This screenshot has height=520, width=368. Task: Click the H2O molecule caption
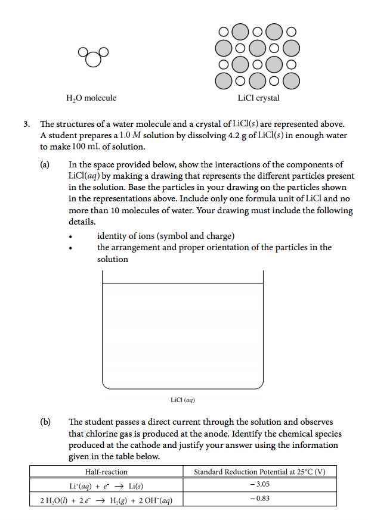pyautogui.click(x=91, y=98)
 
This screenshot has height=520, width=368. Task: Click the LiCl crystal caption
pyautogui.click(x=258, y=98)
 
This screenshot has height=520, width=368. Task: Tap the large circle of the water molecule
pyautogui.click(x=92, y=60)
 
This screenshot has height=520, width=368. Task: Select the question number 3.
pyautogui.click(x=26, y=124)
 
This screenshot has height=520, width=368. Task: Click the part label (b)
pyautogui.click(x=45, y=422)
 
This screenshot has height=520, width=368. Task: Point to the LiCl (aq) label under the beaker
pyautogui.click(x=183, y=400)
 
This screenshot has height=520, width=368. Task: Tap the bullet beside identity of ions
pyautogui.click(x=71, y=236)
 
